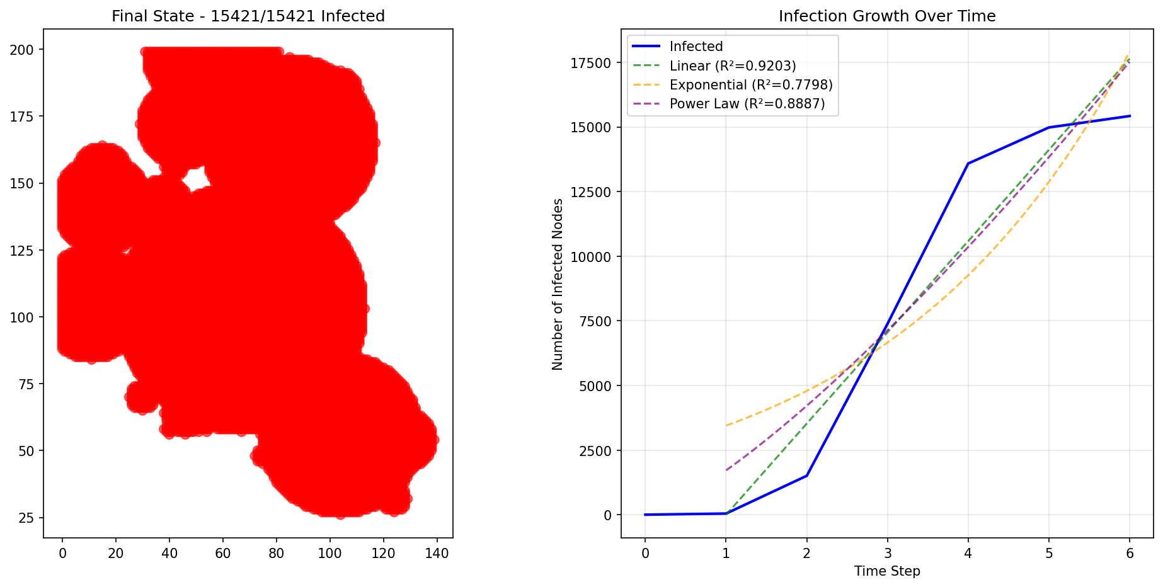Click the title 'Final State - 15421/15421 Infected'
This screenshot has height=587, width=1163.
click(248, 16)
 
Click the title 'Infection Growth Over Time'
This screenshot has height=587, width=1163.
click(886, 16)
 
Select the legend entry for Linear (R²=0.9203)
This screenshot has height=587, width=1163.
click(732, 66)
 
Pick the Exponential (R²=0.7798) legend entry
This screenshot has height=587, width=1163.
click(750, 85)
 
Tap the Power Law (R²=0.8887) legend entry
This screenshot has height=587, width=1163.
click(747, 104)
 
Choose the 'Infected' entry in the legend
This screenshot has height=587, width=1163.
click(696, 47)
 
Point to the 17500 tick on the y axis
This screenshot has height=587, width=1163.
click(590, 63)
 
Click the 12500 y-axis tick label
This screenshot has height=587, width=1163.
click(590, 192)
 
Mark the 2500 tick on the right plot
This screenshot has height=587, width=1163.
click(593, 451)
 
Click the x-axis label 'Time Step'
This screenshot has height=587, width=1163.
click(886, 571)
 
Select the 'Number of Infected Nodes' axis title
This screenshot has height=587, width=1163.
click(558, 284)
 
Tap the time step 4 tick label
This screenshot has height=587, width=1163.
click(968, 554)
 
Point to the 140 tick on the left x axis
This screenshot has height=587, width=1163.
click(437, 554)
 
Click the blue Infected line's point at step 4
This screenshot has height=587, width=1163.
click(968, 164)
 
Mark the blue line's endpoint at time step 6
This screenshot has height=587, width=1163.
click(1130, 116)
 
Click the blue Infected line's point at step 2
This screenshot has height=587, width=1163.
click(806, 476)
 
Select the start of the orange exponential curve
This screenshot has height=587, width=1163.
click(726, 426)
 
